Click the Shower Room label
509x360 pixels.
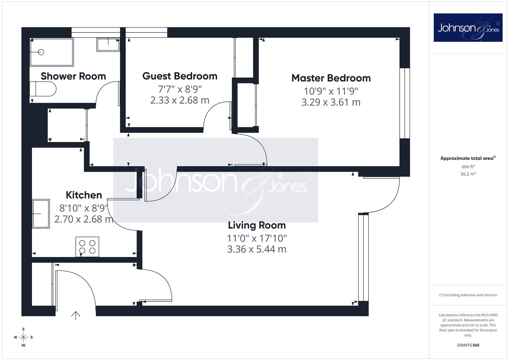[73, 76]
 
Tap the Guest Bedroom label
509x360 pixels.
[180, 76]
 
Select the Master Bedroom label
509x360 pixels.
[331, 78]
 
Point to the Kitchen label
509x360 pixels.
[84, 195]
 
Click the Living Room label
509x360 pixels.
[257, 225]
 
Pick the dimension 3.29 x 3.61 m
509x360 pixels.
[331, 102]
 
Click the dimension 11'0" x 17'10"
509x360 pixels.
[257, 238]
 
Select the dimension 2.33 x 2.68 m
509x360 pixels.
[180, 100]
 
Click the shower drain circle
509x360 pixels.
[41, 52]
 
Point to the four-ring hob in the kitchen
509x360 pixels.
[87, 247]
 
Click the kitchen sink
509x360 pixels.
[41, 214]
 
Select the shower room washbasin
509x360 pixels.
[108, 45]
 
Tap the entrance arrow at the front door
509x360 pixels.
[76, 315]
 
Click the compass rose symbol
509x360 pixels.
[23, 337]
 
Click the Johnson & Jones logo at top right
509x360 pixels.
[468, 27]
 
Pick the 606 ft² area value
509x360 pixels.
[468, 167]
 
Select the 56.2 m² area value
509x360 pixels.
[468, 174]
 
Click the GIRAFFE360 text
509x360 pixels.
[468, 345]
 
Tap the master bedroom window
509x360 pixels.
[405, 103]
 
